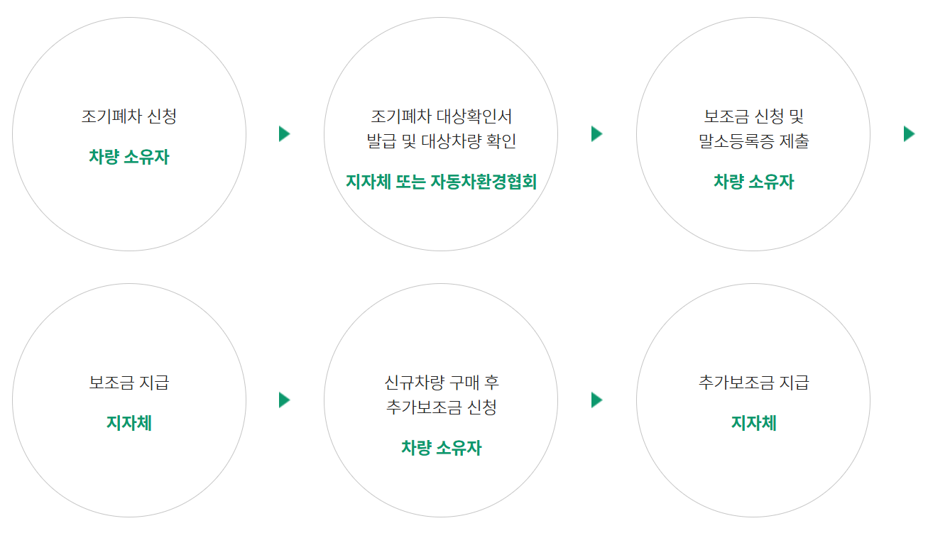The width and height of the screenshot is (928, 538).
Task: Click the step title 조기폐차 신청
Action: tap(129, 116)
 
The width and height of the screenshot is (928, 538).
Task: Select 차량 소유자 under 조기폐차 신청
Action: tap(129, 157)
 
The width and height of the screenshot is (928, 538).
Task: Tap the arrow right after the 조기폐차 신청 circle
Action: tap(285, 133)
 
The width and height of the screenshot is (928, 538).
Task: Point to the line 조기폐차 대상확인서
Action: tap(441, 116)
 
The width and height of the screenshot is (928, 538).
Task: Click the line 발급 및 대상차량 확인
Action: tap(441, 141)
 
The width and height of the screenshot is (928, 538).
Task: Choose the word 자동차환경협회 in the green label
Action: tap(483, 182)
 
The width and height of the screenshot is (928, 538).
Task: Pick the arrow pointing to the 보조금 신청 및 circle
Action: tap(597, 133)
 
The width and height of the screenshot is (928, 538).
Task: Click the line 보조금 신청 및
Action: tap(753, 116)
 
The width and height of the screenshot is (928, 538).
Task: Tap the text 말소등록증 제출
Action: tap(753, 141)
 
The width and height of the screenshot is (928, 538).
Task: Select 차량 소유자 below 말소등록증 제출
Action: tap(753, 182)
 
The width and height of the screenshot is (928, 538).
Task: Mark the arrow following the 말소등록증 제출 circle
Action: tap(909, 133)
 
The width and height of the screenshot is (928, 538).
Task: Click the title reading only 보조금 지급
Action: tap(129, 383)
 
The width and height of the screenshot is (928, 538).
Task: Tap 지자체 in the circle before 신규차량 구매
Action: tap(129, 424)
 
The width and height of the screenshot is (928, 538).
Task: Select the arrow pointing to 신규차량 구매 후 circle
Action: tap(285, 400)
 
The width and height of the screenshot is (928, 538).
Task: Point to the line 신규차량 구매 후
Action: tap(441, 383)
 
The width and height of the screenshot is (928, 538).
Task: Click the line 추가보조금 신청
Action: tap(441, 407)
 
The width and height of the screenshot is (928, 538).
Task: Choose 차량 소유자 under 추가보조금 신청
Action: tap(441, 448)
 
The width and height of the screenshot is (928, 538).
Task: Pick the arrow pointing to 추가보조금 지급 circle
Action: tap(597, 400)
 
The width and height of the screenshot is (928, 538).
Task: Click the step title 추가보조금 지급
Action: tap(753, 383)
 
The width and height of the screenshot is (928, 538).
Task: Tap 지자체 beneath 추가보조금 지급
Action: tap(753, 424)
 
